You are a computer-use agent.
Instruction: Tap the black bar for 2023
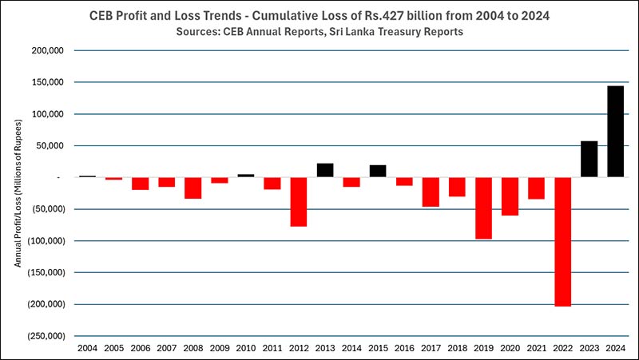pos(589,159)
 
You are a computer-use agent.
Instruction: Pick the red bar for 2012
pos(299,201)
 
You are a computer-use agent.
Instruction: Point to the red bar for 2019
pos(483,208)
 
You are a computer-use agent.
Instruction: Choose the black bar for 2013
pos(325,170)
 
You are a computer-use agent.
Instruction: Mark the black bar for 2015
pos(378,171)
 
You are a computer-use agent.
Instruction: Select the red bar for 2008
pos(193,188)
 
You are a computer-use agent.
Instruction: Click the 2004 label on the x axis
pos(87,348)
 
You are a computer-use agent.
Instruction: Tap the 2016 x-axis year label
pos(404,348)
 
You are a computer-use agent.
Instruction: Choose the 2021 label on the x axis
pos(536,348)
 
